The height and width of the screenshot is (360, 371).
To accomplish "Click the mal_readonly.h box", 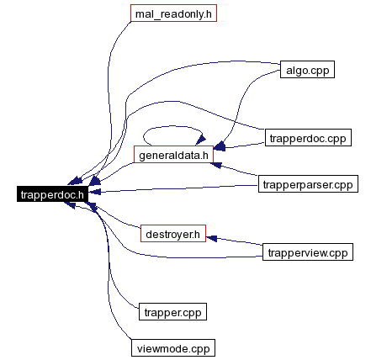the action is coord(173,13).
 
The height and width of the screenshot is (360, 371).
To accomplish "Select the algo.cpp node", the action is coord(307,69).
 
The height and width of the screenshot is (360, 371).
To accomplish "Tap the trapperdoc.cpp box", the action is coord(308,137).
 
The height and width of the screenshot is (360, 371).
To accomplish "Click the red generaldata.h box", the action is coord(173,154).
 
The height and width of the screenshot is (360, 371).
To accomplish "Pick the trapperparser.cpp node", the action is coord(308,184).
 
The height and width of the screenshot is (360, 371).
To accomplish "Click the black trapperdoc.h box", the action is coord(52,193).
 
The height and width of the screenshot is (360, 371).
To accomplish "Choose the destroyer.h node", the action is coord(173,233).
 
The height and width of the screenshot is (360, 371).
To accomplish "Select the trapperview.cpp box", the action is coord(308,252).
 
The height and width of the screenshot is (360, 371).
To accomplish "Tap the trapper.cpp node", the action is coord(172,311).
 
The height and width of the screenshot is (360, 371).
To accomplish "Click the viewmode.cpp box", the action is coord(173,348).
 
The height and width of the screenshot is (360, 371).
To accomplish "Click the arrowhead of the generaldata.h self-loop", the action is coord(201,140).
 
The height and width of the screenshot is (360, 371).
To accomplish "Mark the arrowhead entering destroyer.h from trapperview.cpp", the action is coord(211,238).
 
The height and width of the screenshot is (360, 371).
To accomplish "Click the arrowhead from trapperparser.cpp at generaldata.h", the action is coord(216,165).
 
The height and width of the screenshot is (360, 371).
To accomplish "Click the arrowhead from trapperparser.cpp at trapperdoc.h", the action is coord(94,192).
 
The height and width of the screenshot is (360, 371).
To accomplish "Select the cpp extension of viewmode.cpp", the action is coord(200,350).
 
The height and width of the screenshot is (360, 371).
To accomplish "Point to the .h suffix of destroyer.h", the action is coord(194,234).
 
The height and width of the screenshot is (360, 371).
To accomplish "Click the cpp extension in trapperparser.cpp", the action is coord(343,186).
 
